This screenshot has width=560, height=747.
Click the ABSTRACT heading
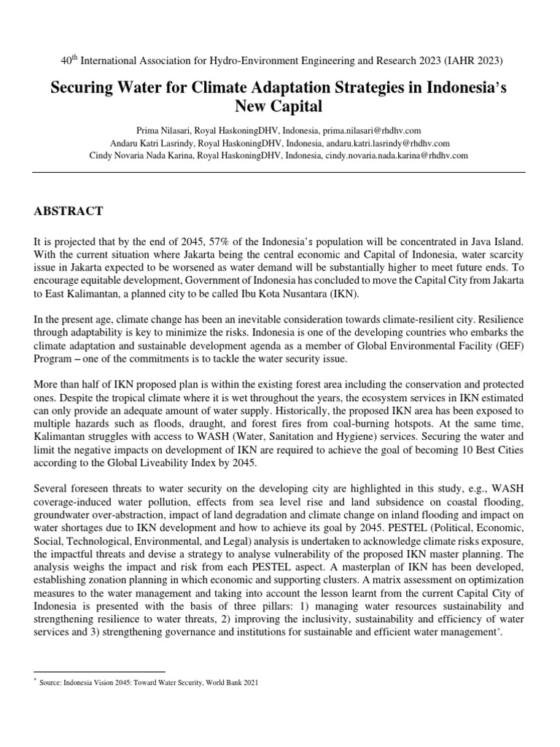click(x=69, y=212)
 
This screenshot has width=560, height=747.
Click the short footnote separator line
click(x=99, y=670)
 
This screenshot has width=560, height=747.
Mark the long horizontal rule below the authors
click(x=280, y=171)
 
